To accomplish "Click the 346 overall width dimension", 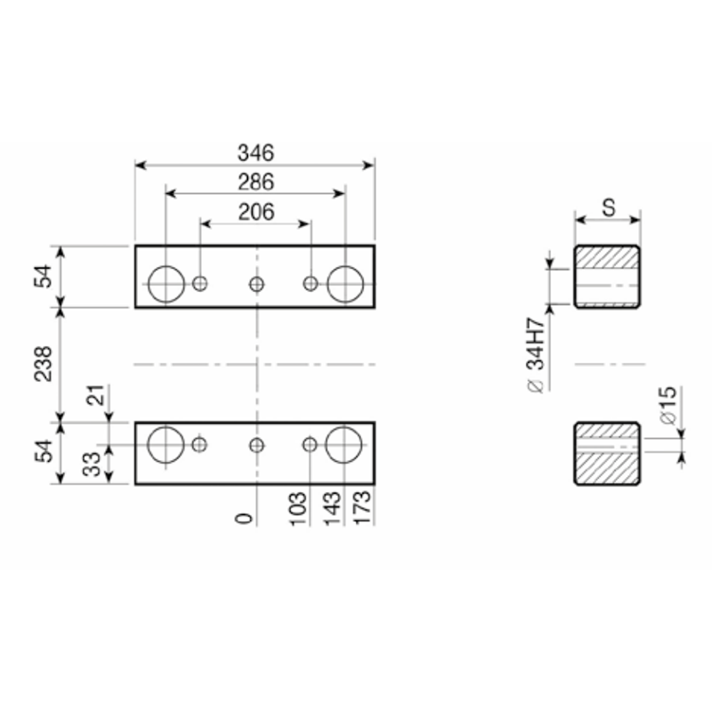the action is click(x=256, y=153).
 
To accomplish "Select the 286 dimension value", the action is click(x=256, y=182).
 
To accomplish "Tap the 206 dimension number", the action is click(x=256, y=212).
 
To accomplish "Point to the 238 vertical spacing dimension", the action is click(x=44, y=364).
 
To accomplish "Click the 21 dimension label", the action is click(x=96, y=395).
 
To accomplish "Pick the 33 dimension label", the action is click(x=93, y=464).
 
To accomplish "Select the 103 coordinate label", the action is click(x=298, y=508).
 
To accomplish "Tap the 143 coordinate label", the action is click(x=332, y=508).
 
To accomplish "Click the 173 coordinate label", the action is click(x=362, y=508).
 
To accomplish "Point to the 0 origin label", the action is click(x=244, y=519).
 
